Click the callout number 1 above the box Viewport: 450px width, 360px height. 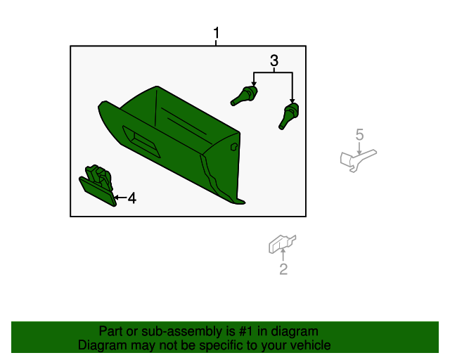pyautogui.click(x=217, y=33)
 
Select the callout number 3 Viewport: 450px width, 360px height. pyautogui.click(x=274, y=60)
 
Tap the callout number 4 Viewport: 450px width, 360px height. pyautogui.click(x=132, y=198)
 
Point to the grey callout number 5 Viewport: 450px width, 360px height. pyautogui.click(x=359, y=134)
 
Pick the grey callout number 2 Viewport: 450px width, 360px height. pyautogui.click(x=283, y=269)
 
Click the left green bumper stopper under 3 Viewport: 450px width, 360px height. pyautogui.click(x=244, y=96)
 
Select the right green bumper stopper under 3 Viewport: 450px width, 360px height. pyautogui.click(x=289, y=116)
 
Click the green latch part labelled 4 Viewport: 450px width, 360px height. pyautogui.click(x=98, y=185)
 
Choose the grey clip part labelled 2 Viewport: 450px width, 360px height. pyautogui.click(x=281, y=244)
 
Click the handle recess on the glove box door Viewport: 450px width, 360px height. pyautogui.click(x=141, y=141)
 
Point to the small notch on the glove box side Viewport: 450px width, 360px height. pyautogui.click(x=234, y=147)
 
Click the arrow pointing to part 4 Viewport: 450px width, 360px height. pyautogui.click(x=120, y=198)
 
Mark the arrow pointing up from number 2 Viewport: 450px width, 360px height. pyautogui.click(x=283, y=255)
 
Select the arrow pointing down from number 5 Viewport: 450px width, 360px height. pyautogui.click(x=359, y=148)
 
